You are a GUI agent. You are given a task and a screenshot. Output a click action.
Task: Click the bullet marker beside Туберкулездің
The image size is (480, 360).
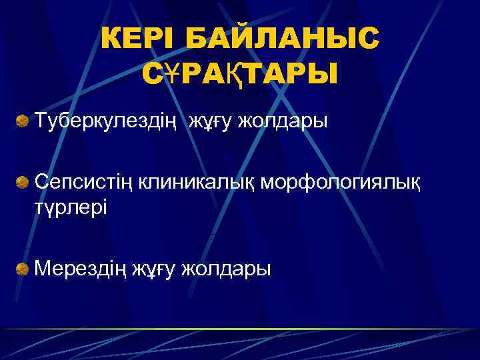coord(23,122)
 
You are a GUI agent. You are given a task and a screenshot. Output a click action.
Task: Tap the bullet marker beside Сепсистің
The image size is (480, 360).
coord(23,181)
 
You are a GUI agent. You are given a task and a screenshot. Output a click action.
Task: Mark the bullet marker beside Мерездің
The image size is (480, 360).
coord(23,268)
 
